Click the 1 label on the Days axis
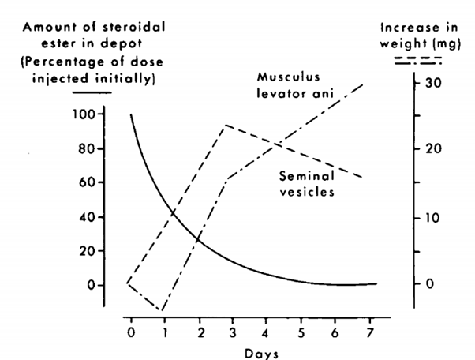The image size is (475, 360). click(163, 331)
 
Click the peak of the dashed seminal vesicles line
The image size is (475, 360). click(226, 125)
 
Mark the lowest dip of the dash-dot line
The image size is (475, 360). click(162, 311)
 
